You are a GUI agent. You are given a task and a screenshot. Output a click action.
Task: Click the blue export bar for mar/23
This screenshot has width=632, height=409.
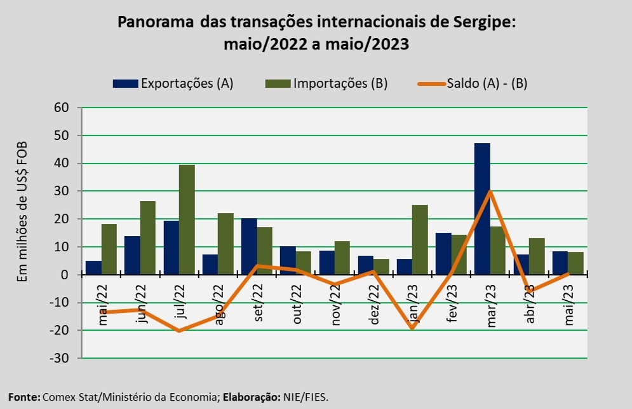[x=482, y=209]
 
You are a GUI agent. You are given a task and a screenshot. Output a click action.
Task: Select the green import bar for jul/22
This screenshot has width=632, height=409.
[x=186, y=219]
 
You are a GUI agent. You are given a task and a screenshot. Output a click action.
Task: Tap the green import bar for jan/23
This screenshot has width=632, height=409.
[x=420, y=239]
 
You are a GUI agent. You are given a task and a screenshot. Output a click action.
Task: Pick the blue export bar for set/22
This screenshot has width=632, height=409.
[x=249, y=246]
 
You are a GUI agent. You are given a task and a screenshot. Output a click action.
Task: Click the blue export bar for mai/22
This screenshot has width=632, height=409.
[x=93, y=268]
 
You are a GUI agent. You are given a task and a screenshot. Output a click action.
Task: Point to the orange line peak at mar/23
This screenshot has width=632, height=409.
[x=490, y=191]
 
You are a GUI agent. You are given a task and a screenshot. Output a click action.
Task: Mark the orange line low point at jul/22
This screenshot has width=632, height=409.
[x=179, y=331]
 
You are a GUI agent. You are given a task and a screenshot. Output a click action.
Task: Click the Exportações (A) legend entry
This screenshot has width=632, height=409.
[x=173, y=83]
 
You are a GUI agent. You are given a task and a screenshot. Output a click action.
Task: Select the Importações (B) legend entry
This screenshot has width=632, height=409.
[x=330, y=83]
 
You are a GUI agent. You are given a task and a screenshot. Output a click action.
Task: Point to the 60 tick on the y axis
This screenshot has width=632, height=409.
[x=60, y=107]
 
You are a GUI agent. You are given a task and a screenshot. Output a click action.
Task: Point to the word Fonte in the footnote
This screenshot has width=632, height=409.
[x=23, y=397]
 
